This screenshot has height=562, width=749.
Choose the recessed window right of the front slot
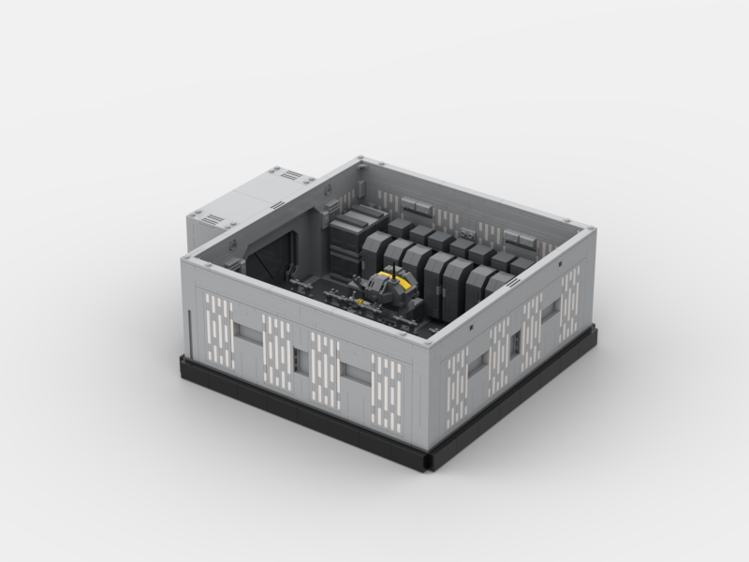click(357, 374)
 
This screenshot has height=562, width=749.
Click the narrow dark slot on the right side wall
click(514, 344)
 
